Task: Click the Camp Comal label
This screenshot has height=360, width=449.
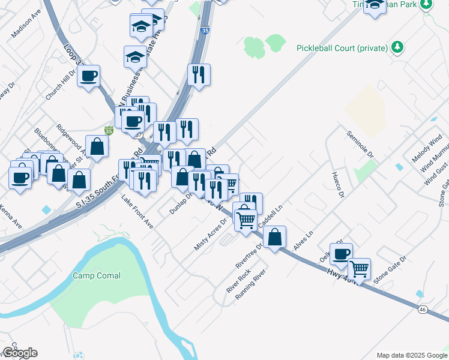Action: pyautogui.click(x=97, y=276)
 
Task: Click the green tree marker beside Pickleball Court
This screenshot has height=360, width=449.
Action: pyautogui.click(x=397, y=47)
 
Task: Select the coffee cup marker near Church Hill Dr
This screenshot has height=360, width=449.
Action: pyautogui.click(x=88, y=76)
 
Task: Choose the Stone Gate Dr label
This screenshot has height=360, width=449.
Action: pyautogui.click(x=390, y=269)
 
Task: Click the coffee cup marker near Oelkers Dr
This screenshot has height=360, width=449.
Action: pyautogui.click(x=341, y=253)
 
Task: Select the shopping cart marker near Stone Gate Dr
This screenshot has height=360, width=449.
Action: pyautogui.click(x=359, y=268)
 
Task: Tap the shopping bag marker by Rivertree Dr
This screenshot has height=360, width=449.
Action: pyautogui.click(x=274, y=236)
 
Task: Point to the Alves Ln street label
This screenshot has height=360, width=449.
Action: pyautogui.click(x=304, y=241)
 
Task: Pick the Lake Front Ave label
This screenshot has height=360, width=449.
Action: pyautogui.click(x=137, y=212)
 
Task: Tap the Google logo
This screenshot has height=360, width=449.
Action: pyautogui.click(x=20, y=353)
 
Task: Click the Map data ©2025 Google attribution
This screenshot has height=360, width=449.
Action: pyautogui.click(x=412, y=355)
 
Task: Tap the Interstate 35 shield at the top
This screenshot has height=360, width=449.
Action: pyautogui.click(x=205, y=30)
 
